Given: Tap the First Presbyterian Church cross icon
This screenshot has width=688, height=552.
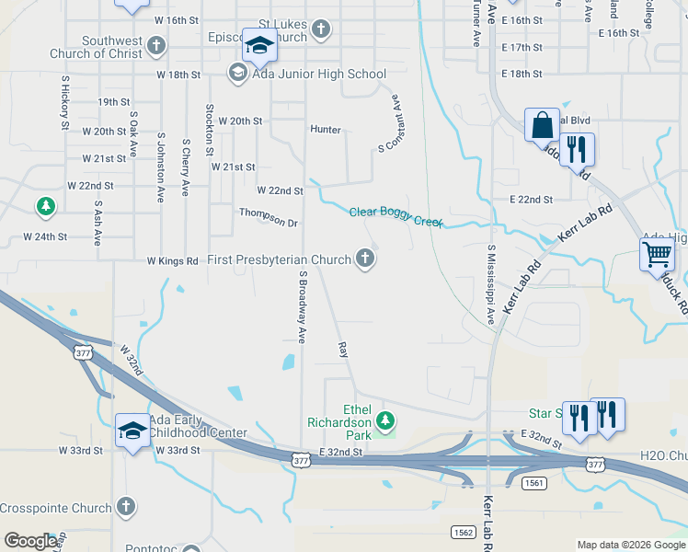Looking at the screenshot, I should pos(366,259).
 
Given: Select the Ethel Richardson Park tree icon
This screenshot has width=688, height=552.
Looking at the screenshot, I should pos(387,421).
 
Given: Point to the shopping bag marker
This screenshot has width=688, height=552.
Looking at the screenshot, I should pos(542,123).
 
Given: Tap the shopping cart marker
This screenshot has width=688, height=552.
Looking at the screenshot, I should pos(657,253).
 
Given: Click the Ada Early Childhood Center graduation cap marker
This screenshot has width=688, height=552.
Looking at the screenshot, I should pos(132,430).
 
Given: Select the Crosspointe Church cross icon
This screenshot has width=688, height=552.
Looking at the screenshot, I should pos(126,507).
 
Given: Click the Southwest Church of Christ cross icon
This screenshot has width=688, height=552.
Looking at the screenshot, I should pos(157,45).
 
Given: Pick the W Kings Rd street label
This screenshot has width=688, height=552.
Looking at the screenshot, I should pos(172,261).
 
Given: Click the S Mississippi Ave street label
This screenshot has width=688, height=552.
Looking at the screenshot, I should pos(492,285).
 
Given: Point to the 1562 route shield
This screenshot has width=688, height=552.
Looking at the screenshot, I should pos(463,532).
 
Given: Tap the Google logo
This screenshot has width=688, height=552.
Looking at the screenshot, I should pos(30,541).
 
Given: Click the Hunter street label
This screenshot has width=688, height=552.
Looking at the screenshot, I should pos(326,130).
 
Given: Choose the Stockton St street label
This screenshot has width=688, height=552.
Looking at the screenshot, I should pos(210,129).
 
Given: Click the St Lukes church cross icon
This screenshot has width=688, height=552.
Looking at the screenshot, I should pos(320,28).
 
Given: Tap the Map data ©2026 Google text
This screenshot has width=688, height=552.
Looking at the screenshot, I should pos(630,545).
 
